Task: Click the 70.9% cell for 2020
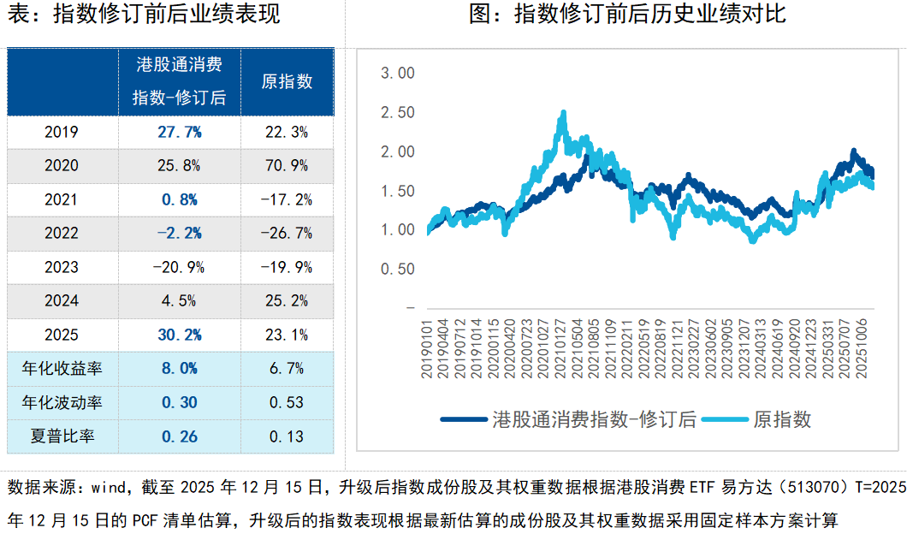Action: point(287,166)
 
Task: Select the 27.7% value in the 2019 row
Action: point(179,132)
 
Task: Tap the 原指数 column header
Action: point(287,81)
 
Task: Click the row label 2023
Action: point(62,267)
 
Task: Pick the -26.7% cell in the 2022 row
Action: point(287,234)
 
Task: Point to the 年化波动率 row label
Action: point(62,402)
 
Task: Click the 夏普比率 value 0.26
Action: point(179,436)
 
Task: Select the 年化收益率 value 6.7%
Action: point(287,369)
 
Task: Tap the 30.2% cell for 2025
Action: point(179,335)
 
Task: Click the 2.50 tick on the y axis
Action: point(397,112)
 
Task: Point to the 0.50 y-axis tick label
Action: point(397,269)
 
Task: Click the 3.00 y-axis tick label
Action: point(397,74)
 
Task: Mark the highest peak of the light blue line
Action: point(562,111)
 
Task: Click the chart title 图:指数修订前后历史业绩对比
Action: point(627,15)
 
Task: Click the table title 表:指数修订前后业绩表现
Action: point(144,15)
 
